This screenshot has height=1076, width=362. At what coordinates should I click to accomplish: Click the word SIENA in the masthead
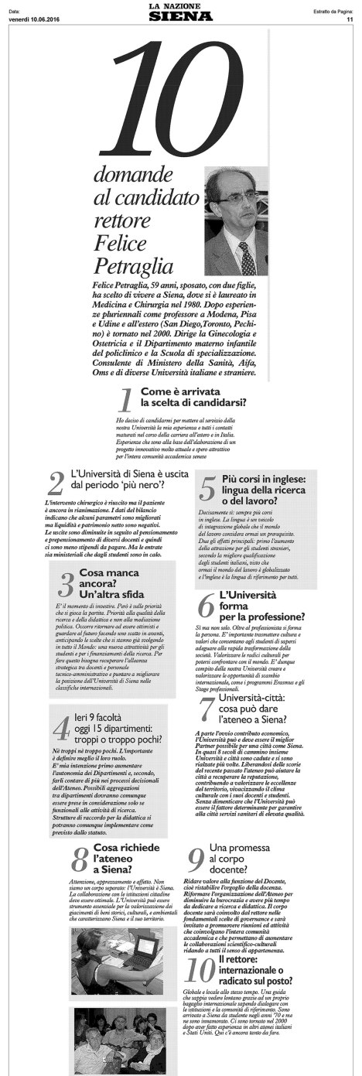tap(181, 18)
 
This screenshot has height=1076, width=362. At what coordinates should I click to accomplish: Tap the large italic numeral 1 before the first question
tap(124, 401)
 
